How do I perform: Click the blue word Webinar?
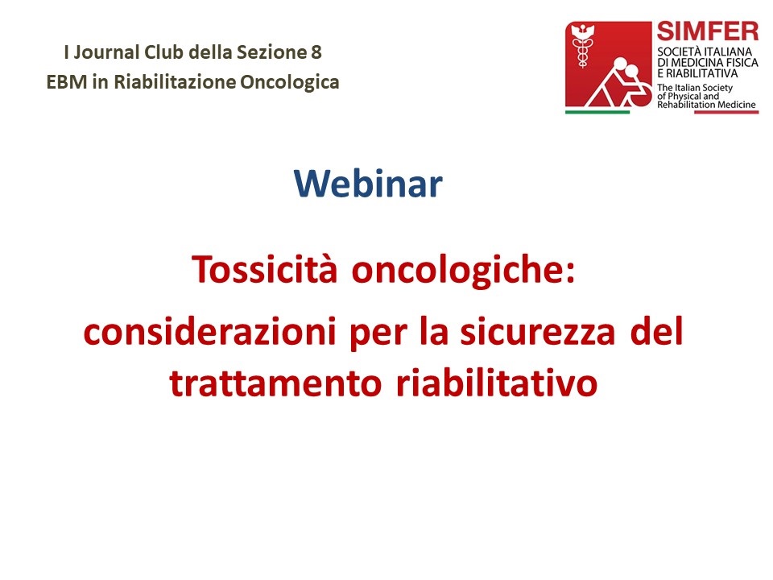coord(368,184)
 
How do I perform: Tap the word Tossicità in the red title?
coord(264,269)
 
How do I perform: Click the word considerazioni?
coord(210,330)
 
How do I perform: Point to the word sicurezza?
coord(538,331)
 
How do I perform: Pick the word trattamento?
coord(275,383)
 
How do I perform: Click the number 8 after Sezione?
coord(316,52)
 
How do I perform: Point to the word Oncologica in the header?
coord(289,82)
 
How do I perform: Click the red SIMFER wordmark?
coord(708,31)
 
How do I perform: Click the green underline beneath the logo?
coord(597,112)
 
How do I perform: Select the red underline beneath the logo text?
coord(726,112)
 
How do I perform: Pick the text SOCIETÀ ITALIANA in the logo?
coord(705,52)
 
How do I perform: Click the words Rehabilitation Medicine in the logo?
coord(706,105)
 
